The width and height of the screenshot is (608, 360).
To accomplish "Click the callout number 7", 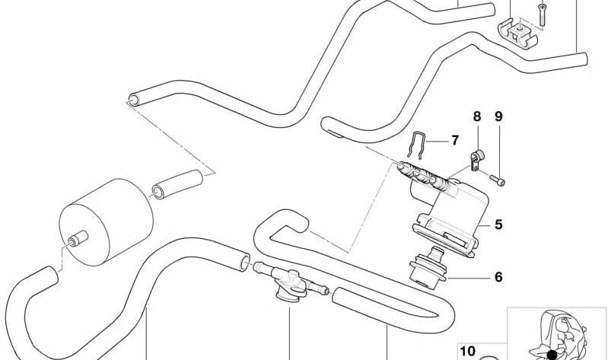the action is (x=455, y=141).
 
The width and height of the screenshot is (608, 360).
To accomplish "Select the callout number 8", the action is (x=476, y=116).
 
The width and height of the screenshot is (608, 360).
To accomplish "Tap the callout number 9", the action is (x=498, y=116).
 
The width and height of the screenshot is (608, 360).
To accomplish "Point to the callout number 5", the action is (x=498, y=225).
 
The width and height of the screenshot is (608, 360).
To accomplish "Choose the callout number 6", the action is (x=498, y=277).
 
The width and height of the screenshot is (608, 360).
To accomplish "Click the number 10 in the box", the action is (x=467, y=351).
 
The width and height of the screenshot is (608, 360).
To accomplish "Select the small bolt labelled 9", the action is (x=497, y=180).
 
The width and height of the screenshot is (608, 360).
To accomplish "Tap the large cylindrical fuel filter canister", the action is (x=106, y=222).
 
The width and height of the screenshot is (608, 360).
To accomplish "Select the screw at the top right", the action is (x=543, y=14).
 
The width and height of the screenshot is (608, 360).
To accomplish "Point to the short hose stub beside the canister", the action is (x=177, y=184).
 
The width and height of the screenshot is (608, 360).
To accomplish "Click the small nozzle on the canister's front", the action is (x=78, y=238).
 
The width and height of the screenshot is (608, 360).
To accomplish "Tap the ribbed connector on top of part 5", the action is (x=424, y=176).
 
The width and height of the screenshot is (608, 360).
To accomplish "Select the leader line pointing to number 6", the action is (x=468, y=278).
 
